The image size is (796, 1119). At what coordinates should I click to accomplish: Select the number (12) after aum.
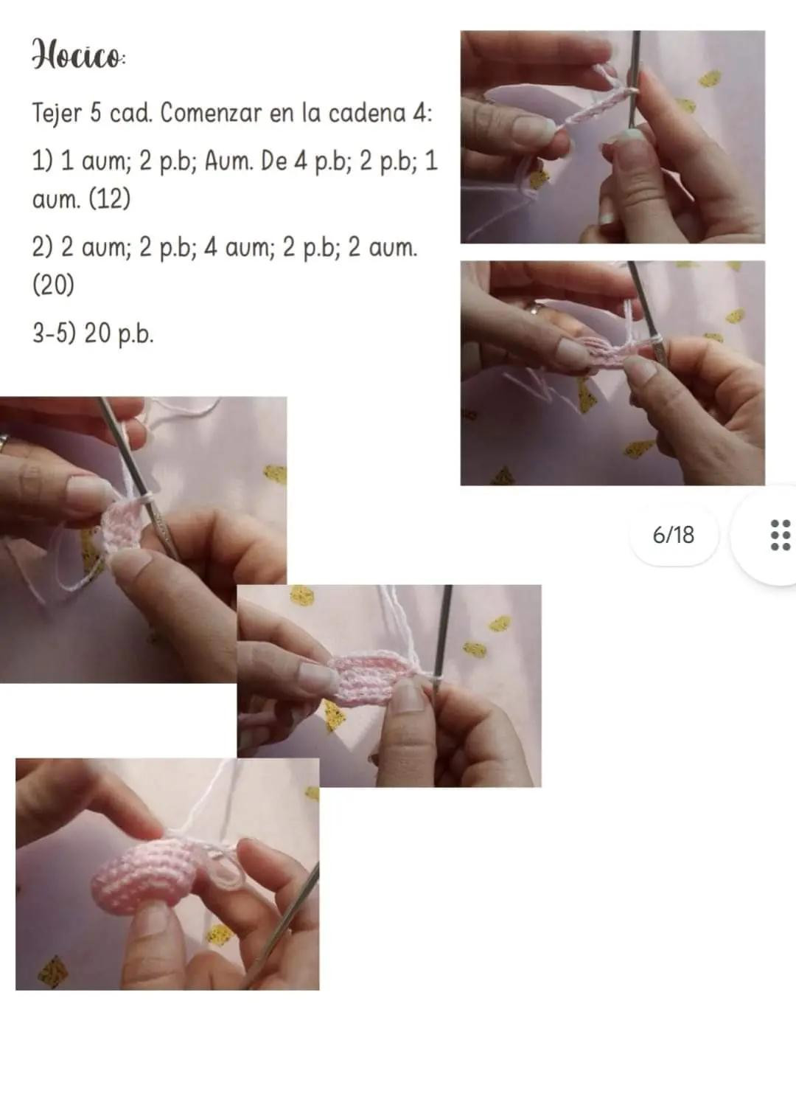109,199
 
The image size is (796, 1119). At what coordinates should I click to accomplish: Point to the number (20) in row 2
53,285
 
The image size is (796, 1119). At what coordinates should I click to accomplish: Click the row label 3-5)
54,333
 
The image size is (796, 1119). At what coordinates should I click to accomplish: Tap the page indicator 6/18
673,534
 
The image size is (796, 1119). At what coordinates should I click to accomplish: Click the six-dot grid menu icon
780,534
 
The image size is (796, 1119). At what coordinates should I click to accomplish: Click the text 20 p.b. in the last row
119,333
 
